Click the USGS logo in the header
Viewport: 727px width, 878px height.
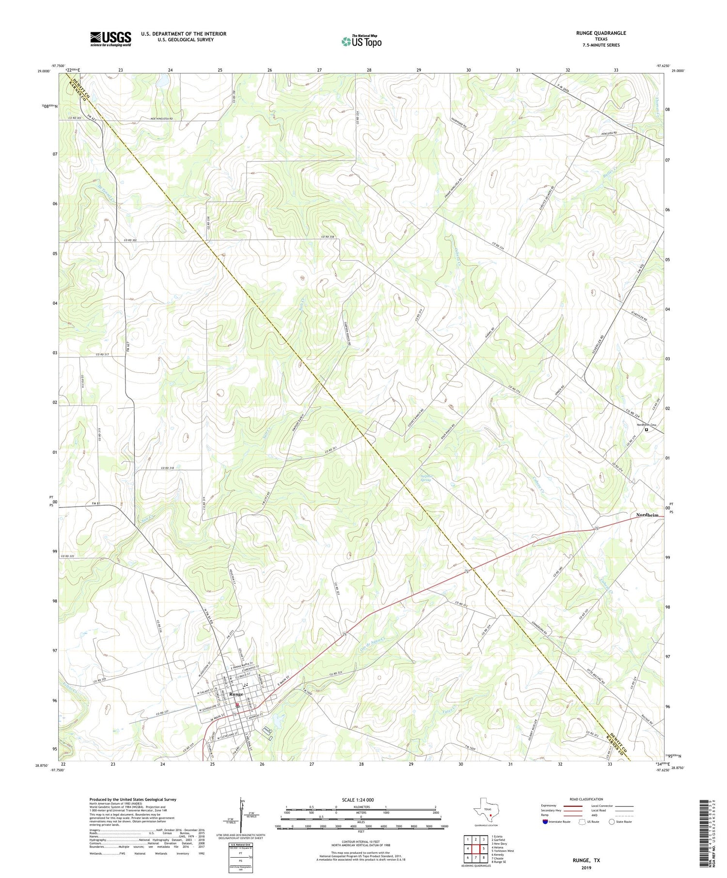pyautogui.click(x=111, y=39)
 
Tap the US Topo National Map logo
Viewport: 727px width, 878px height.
pyautogui.click(x=361, y=42)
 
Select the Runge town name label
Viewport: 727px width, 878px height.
pyautogui.click(x=236, y=694)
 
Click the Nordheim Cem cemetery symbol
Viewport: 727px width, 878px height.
pyautogui.click(x=646, y=429)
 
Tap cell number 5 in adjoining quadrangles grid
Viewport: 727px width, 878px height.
pyautogui.click(x=484, y=848)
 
